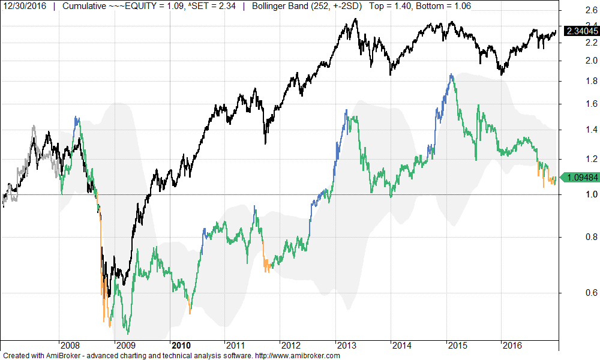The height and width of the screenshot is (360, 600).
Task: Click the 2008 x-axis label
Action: pyautogui.click(x=70, y=346)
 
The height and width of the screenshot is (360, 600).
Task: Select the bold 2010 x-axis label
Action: pyautogui.click(x=181, y=346)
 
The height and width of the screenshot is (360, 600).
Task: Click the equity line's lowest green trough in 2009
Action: pyautogui.click(x=128, y=334)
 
